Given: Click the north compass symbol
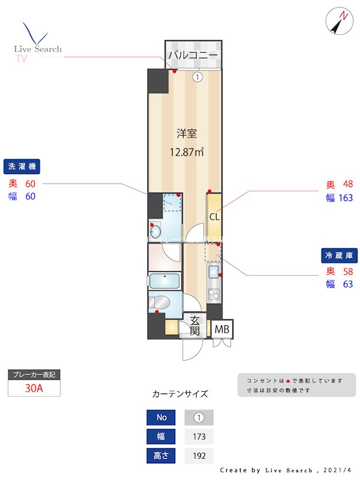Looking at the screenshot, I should (339, 22).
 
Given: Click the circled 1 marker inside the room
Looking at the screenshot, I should (197, 77).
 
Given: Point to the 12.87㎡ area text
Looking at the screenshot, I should (187, 152).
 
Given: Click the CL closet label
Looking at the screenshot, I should (214, 217).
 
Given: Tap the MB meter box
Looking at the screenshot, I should (222, 329).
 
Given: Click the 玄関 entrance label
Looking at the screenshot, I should (194, 325).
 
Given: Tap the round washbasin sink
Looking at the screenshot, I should (156, 230).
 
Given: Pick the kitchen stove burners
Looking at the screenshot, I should (214, 294).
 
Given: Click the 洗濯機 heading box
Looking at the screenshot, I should (25, 167).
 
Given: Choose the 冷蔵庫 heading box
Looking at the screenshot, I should (340, 255).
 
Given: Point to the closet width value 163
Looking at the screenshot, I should (345, 198).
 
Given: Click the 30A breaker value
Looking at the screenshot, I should (34, 388).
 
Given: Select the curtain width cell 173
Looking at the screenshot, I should (199, 436).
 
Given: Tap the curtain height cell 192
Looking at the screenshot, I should (199, 455).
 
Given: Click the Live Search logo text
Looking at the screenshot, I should (38, 49).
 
